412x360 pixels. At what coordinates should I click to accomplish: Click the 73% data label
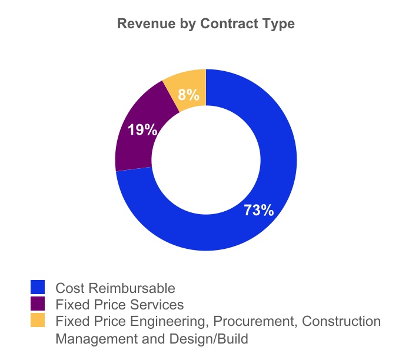tap(259, 210)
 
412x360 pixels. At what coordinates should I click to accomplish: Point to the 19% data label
tap(142, 130)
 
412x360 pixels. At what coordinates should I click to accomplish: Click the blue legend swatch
tap(38, 287)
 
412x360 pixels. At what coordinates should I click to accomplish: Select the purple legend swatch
tap(38, 304)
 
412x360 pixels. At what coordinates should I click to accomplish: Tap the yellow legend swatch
tap(38, 321)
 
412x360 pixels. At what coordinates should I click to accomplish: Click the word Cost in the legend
tap(68, 288)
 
